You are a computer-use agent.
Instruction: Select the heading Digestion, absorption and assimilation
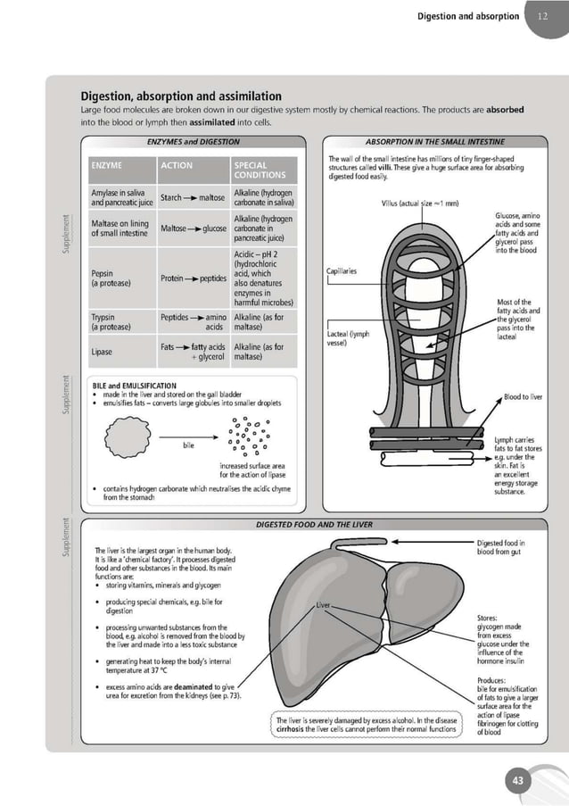coord(181,96)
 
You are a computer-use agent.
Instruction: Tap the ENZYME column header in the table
coord(107,165)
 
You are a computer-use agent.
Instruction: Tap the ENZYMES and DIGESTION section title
coord(194,141)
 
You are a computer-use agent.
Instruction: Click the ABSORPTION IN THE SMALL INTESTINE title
coord(435,141)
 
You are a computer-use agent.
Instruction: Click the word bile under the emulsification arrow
coord(189,444)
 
